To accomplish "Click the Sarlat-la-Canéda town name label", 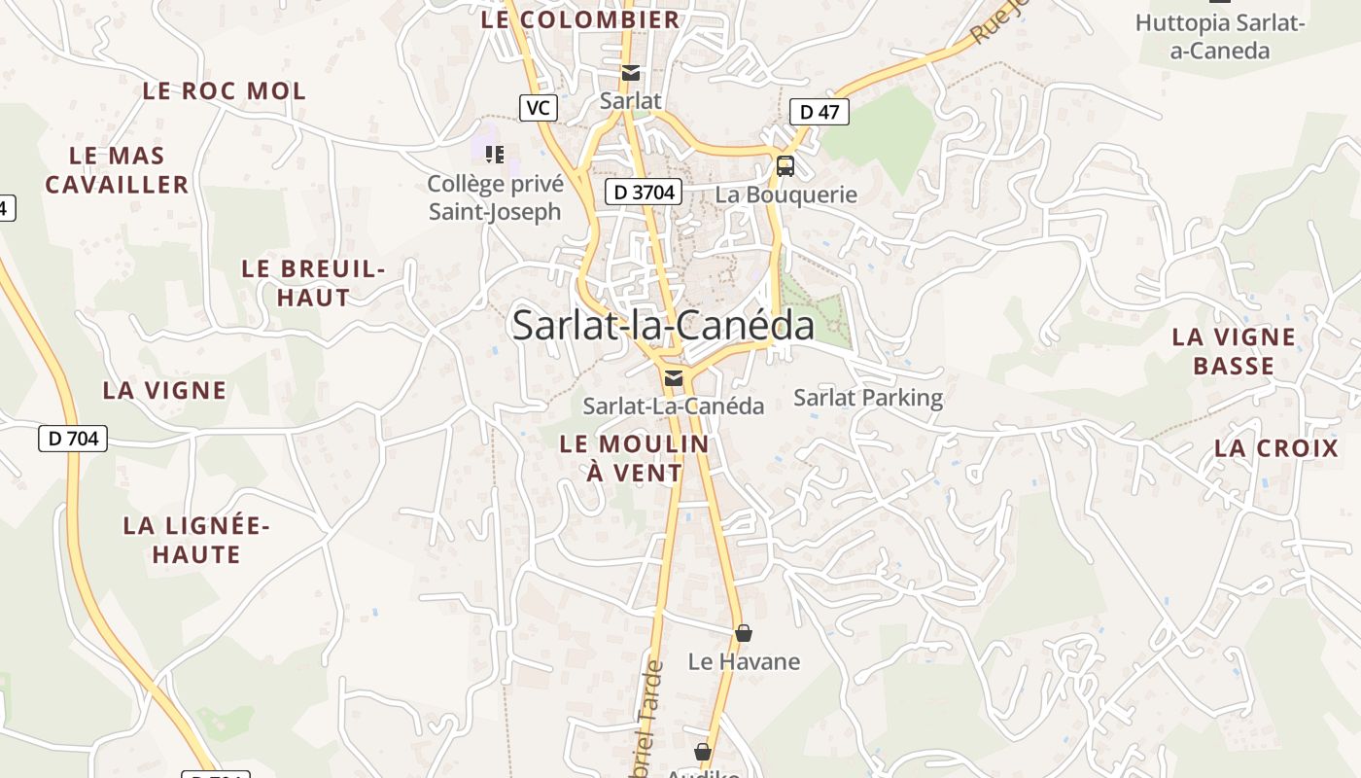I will [x=663, y=325].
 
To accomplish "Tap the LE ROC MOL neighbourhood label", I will [x=224, y=91].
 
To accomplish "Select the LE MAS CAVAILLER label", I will [x=118, y=170].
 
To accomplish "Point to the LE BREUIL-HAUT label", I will [x=313, y=283].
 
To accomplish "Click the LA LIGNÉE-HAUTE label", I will [x=195, y=540].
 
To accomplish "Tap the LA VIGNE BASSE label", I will [x=1234, y=351].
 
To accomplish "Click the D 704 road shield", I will [x=73, y=439].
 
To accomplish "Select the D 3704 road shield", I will [x=644, y=192].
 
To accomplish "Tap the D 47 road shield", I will [x=819, y=112].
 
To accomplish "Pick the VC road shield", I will [x=539, y=107].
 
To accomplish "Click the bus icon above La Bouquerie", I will [x=785, y=166].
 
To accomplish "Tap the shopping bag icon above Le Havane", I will [x=744, y=634].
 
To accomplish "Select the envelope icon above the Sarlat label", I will [x=631, y=72].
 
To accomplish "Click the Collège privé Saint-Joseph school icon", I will [x=495, y=154].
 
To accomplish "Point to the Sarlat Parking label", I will [x=868, y=397].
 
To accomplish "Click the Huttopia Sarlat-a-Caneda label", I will [x=1219, y=36].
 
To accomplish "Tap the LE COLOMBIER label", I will [x=580, y=19].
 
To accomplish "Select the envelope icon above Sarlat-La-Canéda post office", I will [x=673, y=378].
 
